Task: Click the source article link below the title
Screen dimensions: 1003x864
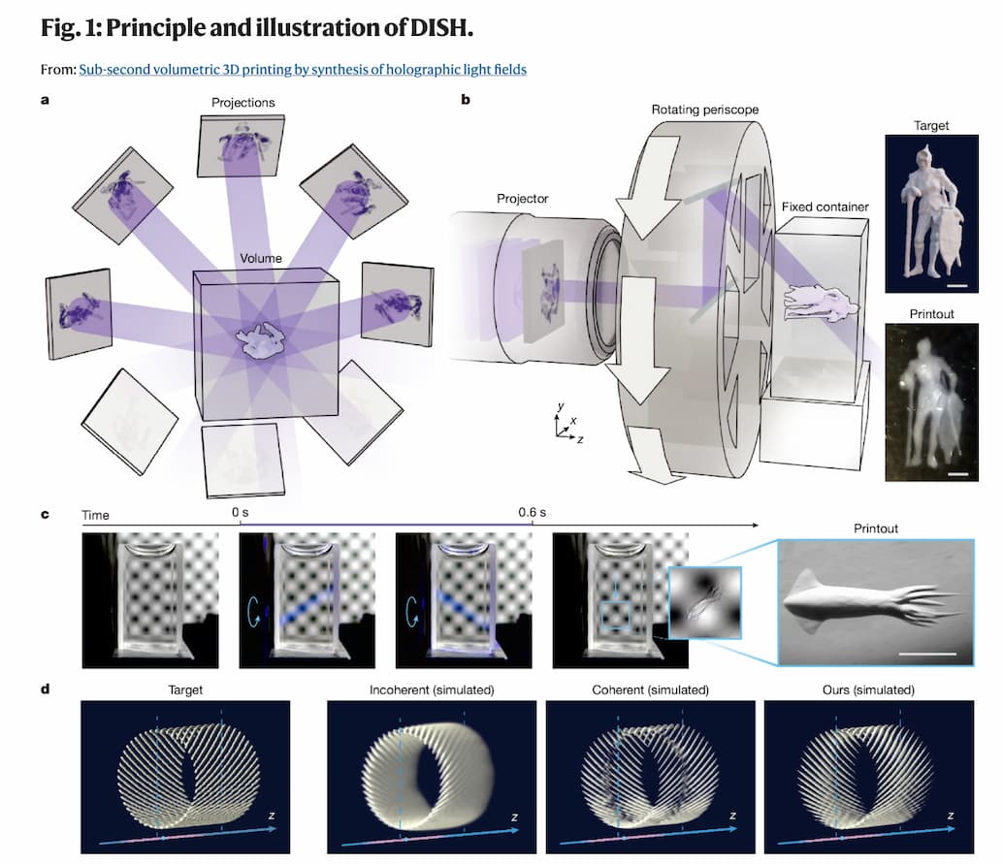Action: [303, 69]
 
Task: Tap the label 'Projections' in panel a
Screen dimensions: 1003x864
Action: [243, 103]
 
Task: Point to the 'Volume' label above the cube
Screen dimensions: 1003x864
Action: [260, 258]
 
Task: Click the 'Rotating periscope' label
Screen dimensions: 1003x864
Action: [705, 110]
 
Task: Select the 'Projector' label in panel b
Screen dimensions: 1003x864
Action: [523, 198]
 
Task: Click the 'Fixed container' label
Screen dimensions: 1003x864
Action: [825, 207]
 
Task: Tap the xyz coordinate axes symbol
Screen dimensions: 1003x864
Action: [567, 424]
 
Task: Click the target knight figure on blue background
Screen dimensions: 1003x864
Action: [931, 213]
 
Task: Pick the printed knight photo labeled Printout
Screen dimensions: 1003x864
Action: [931, 402]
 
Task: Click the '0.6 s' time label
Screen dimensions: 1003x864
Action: [533, 512]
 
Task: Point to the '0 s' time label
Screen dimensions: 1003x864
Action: [240, 512]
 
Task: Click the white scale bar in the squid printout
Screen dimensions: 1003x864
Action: [927, 654]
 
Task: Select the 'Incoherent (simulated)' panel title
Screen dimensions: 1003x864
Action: [432, 690]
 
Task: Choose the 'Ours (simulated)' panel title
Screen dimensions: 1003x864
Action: [869, 690]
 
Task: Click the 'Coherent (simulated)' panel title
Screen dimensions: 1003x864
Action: [651, 690]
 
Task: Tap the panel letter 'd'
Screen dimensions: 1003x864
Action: [45, 689]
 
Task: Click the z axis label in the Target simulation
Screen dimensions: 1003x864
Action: [272, 816]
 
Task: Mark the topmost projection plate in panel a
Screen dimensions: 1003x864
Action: [242, 145]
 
